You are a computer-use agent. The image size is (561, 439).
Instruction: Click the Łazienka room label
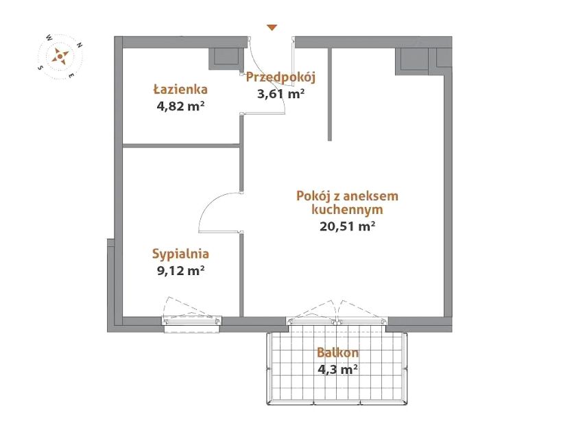pyautogui.click(x=180, y=88)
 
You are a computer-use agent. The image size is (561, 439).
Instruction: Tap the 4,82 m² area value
pyautogui.click(x=180, y=106)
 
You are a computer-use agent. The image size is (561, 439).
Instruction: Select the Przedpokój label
pyautogui.click(x=281, y=78)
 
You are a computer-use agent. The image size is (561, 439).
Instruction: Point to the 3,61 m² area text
pyautogui.click(x=281, y=94)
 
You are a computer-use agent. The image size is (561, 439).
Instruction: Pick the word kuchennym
pyautogui.click(x=347, y=209)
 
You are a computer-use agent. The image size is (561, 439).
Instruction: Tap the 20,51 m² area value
pyautogui.click(x=347, y=226)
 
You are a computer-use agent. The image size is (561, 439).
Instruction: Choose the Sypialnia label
pyautogui.click(x=180, y=254)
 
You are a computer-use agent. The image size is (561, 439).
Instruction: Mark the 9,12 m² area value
pyautogui.click(x=180, y=270)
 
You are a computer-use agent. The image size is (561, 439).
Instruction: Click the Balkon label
pyautogui.click(x=337, y=353)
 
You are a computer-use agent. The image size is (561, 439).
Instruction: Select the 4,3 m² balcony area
pyautogui.click(x=337, y=369)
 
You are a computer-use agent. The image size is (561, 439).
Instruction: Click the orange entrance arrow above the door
pyautogui.click(x=272, y=27)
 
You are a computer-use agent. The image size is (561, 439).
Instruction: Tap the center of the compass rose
pyautogui.click(x=60, y=56)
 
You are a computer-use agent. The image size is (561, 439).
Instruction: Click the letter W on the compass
pyautogui.click(x=49, y=37)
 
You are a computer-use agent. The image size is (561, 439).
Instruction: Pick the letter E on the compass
pyautogui.click(x=71, y=75)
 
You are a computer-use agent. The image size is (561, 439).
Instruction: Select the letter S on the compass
pyautogui.click(x=40, y=68)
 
